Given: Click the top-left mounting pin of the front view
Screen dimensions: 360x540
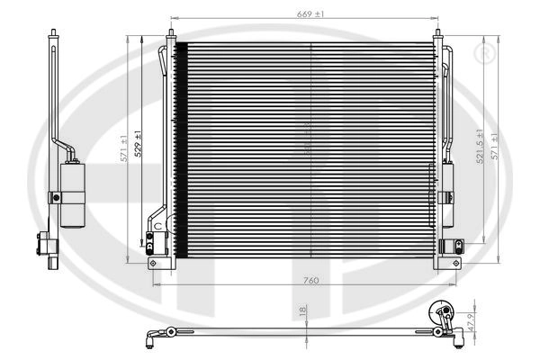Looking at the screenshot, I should pyautogui.click(x=169, y=36).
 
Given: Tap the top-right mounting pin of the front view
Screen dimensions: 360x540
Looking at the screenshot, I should pyautogui.click(x=438, y=36).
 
